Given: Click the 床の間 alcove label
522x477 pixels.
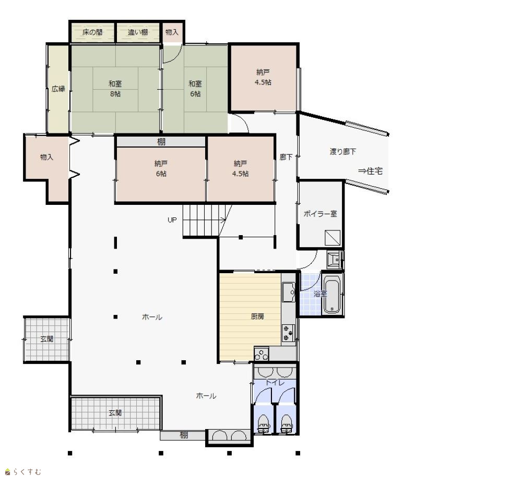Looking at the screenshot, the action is coord(92,32).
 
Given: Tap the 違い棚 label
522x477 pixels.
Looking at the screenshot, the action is coord(138,32).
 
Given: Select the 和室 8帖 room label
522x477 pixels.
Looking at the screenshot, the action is coord(115,89).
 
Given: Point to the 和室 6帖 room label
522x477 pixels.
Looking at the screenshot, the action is coord(195,89).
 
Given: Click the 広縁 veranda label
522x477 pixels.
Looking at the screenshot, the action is coord(58,89).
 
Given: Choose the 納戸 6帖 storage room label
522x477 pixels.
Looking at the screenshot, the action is coord(161,168).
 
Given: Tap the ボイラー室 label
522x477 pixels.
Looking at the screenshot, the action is coord(321,214).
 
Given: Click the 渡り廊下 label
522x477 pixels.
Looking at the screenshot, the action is coord(343,152).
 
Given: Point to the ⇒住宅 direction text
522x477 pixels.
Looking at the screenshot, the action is coord(370,171).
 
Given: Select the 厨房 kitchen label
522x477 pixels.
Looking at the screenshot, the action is coord(257,316).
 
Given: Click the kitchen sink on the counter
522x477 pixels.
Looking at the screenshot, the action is coord(288,292).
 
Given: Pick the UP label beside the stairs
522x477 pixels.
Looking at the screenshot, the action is coord(172,220).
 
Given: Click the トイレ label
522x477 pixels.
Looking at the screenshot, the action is coord(275,383).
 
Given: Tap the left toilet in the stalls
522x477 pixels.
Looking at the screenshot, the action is coord(263,424).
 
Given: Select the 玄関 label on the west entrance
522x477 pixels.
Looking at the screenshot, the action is coord(46,339).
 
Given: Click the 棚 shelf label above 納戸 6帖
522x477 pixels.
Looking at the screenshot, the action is coord(161,142).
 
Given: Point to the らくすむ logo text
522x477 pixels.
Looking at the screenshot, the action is coord(27,472).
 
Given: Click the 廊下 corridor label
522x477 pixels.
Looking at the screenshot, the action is coord(286,157).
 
